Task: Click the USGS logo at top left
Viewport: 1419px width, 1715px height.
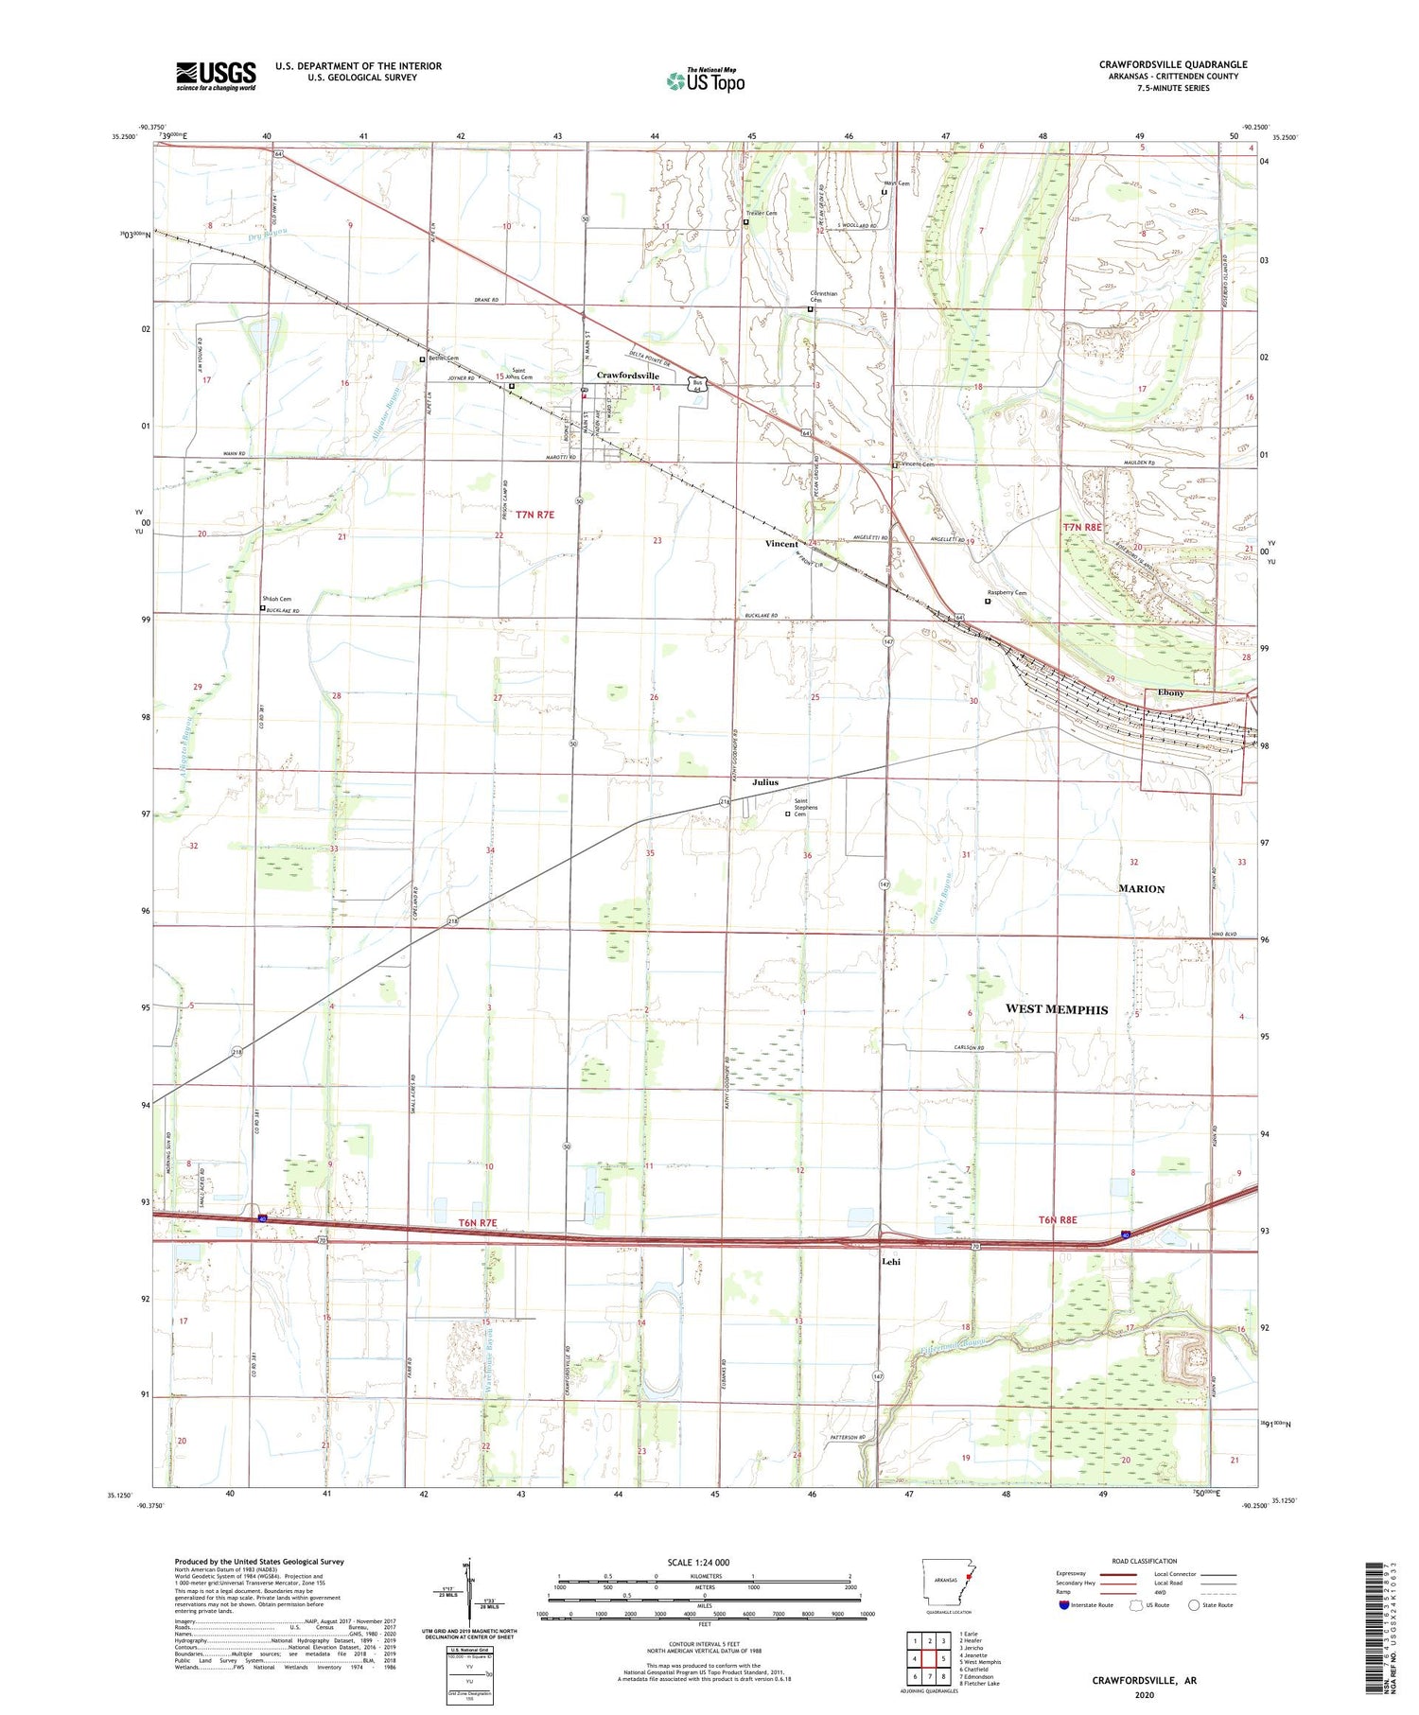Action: coord(216,76)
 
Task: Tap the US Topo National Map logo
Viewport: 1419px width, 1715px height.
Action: coord(705,80)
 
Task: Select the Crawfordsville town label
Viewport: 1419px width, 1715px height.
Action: coord(627,376)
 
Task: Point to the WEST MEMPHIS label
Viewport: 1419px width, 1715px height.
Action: coord(1056,1009)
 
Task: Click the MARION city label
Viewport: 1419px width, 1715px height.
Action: coord(1141,888)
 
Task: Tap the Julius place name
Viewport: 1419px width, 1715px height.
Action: coord(765,782)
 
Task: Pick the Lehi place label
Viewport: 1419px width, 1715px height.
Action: coord(890,1262)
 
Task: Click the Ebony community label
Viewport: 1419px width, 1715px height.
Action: coord(1170,692)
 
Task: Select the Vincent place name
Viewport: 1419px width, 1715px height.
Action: coord(781,544)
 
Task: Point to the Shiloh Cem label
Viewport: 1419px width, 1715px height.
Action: coord(277,599)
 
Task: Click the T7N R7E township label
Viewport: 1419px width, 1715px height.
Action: coord(534,515)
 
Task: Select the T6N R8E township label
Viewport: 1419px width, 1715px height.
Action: coord(1058,1220)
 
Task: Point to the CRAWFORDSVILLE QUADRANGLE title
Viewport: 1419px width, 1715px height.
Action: coord(1173,64)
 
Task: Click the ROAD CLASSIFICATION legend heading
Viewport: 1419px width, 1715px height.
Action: coord(1145,1561)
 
